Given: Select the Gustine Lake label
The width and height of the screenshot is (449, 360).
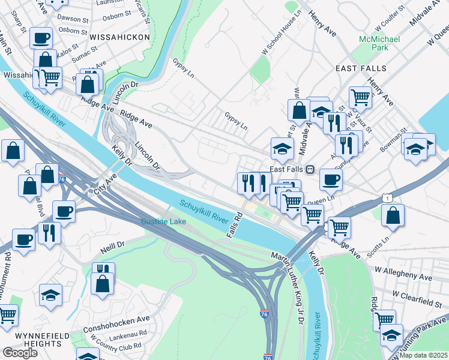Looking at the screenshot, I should (x=163, y=222).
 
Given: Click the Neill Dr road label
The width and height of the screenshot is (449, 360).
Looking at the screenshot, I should (x=112, y=245).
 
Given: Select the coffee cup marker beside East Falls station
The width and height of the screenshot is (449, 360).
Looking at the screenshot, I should (x=330, y=179).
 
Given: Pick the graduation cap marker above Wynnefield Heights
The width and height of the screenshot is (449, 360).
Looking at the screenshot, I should (x=51, y=295).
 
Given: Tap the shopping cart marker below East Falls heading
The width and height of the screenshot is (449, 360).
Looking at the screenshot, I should (x=360, y=96).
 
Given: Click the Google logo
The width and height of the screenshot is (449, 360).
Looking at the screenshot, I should (x=20, y=353).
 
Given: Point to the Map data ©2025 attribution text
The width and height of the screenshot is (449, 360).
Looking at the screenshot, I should (x=423, y=355).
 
